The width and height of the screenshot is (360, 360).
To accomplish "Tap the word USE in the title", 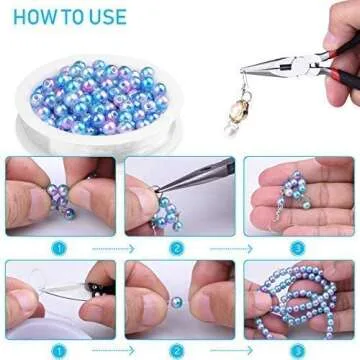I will [107, 17].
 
